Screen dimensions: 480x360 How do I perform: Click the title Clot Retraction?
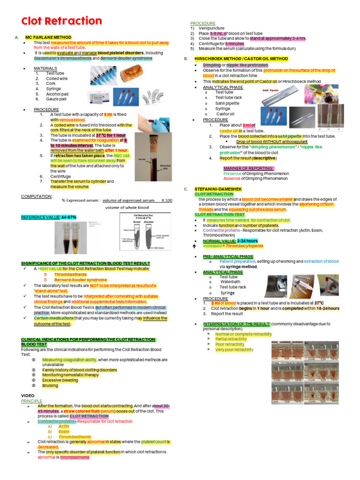61,22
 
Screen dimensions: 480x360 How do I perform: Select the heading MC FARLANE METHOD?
48,37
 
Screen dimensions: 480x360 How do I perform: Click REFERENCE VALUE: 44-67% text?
49,217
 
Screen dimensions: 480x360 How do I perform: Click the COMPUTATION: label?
37,196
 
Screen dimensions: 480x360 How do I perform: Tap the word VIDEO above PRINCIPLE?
28,396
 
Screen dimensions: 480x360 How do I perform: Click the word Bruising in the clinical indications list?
50,386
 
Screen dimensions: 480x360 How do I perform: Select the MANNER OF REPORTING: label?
248,168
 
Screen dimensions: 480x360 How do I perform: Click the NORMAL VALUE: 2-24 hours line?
230,240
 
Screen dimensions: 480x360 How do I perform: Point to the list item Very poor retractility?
234,350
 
